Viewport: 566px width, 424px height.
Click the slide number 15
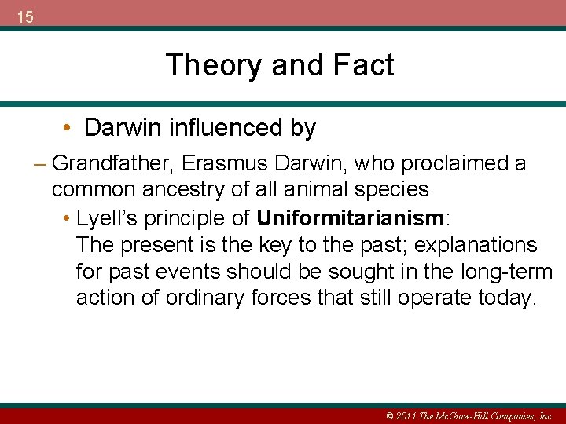click(25, 16)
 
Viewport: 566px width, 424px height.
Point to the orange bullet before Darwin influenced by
click(69, 127)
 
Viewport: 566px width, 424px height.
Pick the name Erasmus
click(215, 163)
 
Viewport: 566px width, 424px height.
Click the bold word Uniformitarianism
click(351, 217)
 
